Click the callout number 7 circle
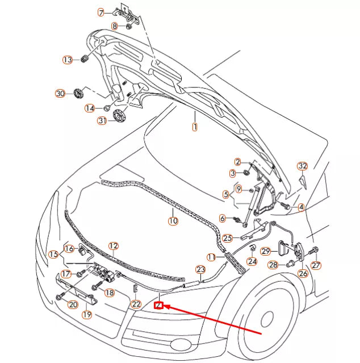[101, 12]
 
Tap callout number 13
[68, 60]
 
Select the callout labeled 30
[60, 93]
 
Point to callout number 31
[102, 120]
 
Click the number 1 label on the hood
[194, 127]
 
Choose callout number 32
[303, 166]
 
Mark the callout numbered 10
[173, 220]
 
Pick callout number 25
[227, 238]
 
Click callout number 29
[265, 251]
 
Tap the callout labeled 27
[316, 265]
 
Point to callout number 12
[114, 246]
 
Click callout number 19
[87, 314]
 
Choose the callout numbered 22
[136, 304]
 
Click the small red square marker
[159, 306]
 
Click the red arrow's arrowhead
[168, 308]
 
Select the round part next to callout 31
[120, 116]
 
